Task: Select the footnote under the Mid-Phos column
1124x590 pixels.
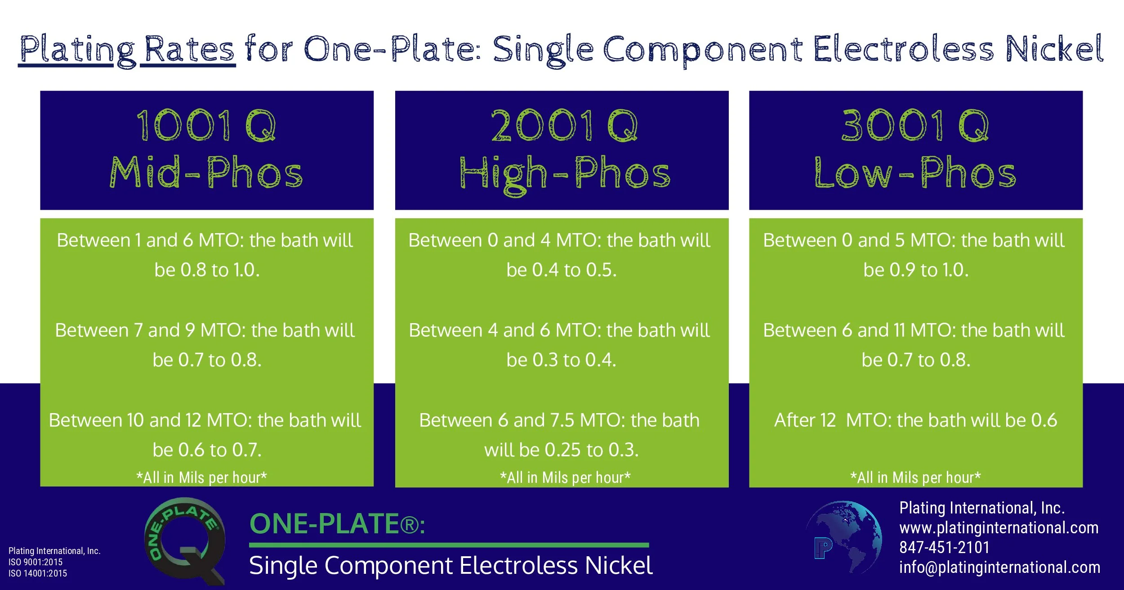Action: (202, 477)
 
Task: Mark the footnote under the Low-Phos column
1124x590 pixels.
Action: (915, 477)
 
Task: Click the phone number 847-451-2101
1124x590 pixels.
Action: (944, 548)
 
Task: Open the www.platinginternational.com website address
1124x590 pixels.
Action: (999, 527)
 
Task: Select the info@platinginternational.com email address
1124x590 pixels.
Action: (999, 567)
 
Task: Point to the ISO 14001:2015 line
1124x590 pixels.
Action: (38, 573)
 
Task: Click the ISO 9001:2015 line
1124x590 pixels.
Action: (36, 562)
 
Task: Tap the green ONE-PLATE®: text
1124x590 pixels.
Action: (337, 524)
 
